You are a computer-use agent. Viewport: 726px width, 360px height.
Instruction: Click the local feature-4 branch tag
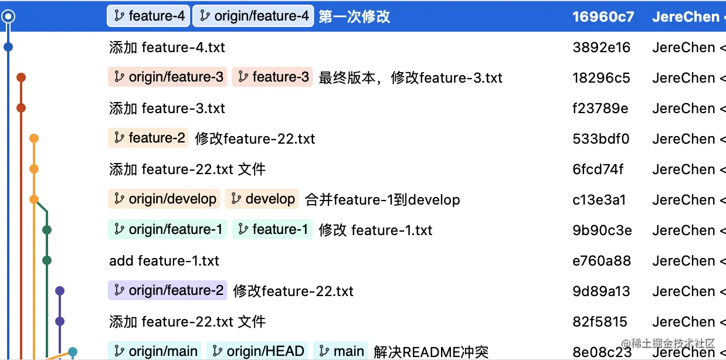coord(148,16)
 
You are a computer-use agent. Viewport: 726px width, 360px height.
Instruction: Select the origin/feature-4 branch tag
coord(253,16)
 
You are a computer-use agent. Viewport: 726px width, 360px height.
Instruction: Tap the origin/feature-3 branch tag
coord(168,77)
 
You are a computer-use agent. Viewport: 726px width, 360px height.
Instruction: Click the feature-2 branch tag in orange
coord(149,138)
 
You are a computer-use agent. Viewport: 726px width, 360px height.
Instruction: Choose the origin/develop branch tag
coord(164,199)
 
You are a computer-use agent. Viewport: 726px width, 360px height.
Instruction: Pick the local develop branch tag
coord(262,199)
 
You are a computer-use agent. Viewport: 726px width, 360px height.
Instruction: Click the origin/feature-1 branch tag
coord(168,230)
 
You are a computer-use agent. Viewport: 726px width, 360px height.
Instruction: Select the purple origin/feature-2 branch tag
coord(168,291)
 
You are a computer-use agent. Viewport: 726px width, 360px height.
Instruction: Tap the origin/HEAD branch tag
coord(257,351)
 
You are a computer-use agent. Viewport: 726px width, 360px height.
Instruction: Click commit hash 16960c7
coord(603,17)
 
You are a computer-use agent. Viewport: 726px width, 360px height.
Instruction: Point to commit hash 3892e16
coord(601,47)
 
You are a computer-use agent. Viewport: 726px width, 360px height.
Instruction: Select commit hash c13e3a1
coord(599,200)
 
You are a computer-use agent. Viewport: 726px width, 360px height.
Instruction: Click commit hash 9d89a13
coord(601,291)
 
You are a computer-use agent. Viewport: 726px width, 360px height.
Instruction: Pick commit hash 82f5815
coord(600,322)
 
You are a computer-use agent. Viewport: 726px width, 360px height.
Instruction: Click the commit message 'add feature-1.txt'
coord(164,261)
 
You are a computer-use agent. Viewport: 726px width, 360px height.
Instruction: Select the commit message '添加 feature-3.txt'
coord(167,108)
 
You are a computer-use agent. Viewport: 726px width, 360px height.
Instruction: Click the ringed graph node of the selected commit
coord(8,16)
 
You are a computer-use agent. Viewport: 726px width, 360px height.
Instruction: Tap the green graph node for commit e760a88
coord(47,260)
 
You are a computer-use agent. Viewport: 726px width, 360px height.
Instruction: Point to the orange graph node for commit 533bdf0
coord(34,138)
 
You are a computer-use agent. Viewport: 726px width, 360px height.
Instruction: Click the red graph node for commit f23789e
coord(21,108)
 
